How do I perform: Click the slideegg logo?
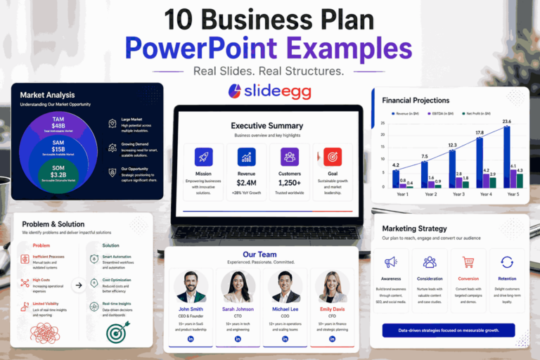(x=269, y=91)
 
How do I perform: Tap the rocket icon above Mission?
(x=204, y=156)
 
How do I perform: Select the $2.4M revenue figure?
(x=247, y=182)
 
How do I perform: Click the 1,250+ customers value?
(x=290, y=182)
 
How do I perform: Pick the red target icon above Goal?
(x=332, y=156)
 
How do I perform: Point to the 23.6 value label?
(x=506, y=122)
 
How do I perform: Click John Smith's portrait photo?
(x=191, y=287)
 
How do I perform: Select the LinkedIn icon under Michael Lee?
(x=285, y=339)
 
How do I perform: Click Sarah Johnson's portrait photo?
(x=238, y=287)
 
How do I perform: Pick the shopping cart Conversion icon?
(x=468, y=262)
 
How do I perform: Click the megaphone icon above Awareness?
(x=391, y=262)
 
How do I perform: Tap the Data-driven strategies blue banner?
(x=448, y=330)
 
